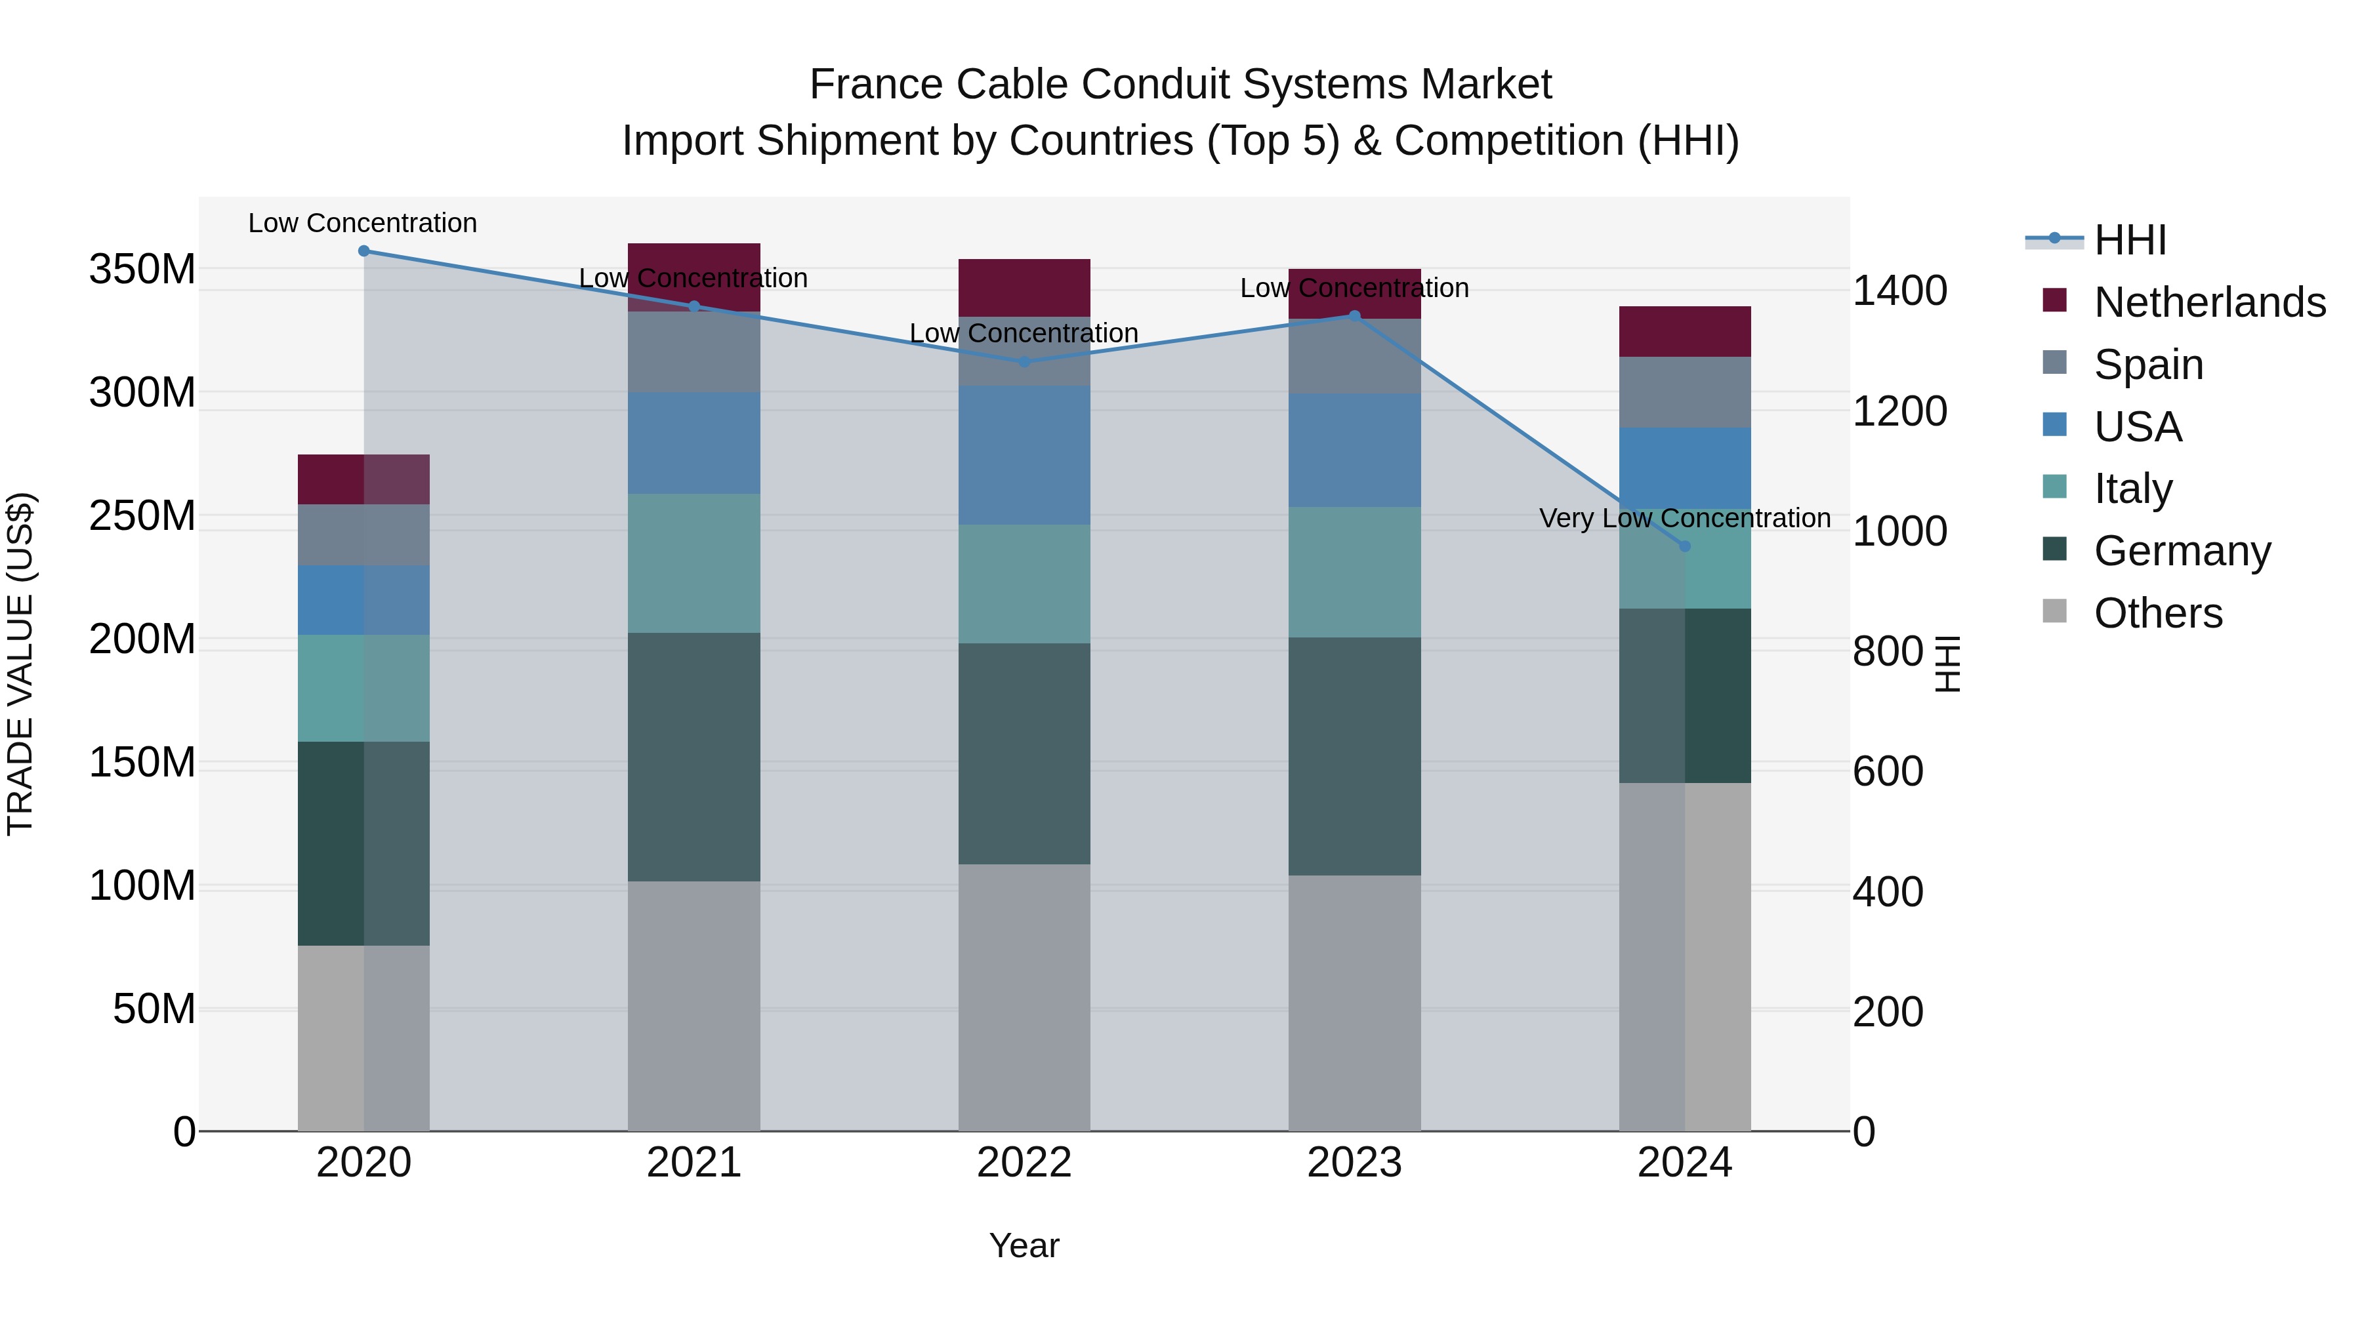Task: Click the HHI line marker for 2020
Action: pyautogui.click(x=364, y=251)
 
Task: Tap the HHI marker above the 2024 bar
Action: pyautogui.click(x=1684, y=546)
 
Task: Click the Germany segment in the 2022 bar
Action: pyautogui.click(x=1024, y=754)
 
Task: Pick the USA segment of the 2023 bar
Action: pyautogui.click(x=1354, y=450)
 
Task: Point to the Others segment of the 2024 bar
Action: pyautogui.click(x=1684, y=956)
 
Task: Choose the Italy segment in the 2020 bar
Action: pyautogui.click(x=364, y=689)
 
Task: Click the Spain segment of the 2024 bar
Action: pyautogui.click(x=1684, y=392)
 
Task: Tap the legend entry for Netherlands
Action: pyautogui.click(x=2209, y=302)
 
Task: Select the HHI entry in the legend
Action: pyautogui.click(x=2130, y=240)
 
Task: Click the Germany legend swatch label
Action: pyautogui.click(x=2182, y=551)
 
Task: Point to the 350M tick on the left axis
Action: pyautogui.click(x=142, y=270)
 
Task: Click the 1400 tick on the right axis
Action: pyautogui.click(x=1900, y=291)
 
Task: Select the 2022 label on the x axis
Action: pyautogui.click(x=1024, y=1163)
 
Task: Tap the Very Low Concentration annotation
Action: pyautogui.click(x=1684, y=519)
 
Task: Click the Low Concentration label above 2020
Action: pyautogui.click(x=362, y=224)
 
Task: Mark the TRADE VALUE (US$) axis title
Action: pyautogui.click(x=20, y=664)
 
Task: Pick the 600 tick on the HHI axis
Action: pyautogui.click(x=1888, y=772)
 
